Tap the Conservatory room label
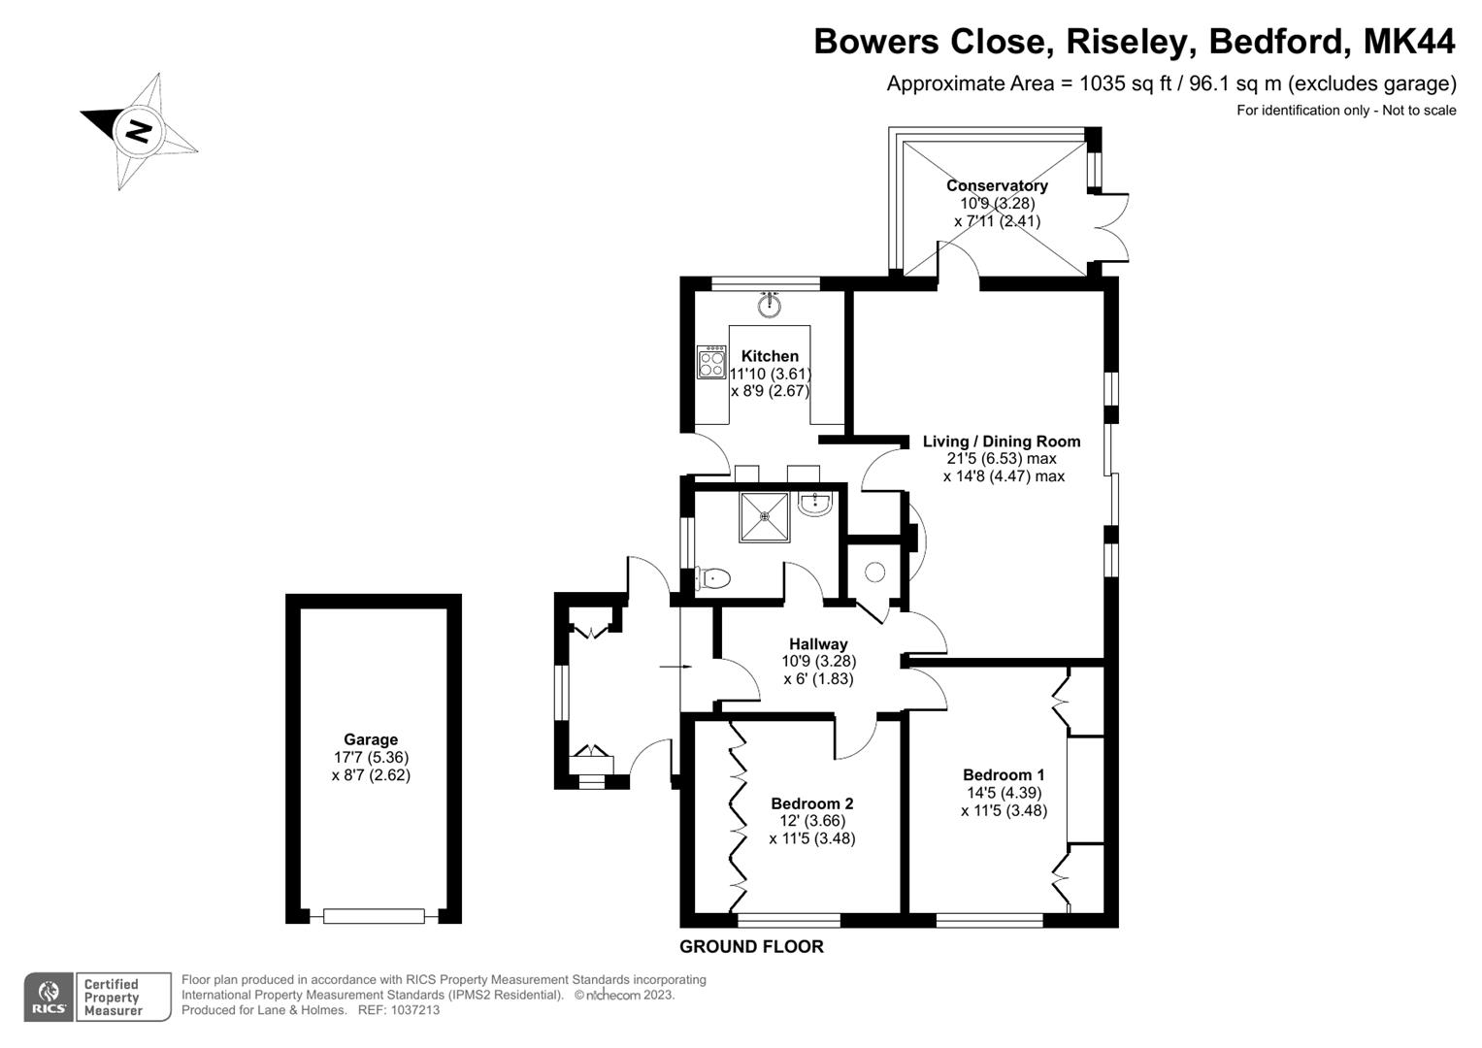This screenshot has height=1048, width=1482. pyautogui.click(x=997, y=185)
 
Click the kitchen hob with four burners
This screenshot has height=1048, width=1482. pyautogui.click(x=711, y=362)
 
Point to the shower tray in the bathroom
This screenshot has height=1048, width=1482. pyautogui.click(x=764, y=517)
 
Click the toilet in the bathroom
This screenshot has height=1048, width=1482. pyautogui.click(x=712, y=579)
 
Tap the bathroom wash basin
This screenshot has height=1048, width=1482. pyautogui.click(x=814, y=504)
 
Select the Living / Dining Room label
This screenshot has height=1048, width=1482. pyautogui.click(x=1001, y=442)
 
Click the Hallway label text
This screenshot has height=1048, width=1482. pyautogui.click(x=818, y=644)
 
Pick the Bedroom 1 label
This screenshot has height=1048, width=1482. pyautogui.click(x=1004, y=774)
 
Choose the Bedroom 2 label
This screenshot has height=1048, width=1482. pyautogui.click(x=811, y=803)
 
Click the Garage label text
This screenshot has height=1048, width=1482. pyautogui.click(x=371, y=739)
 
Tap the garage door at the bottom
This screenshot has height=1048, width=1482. pyautogui.click(x=374, y=915)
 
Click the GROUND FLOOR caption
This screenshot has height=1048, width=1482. pyautogui.click(x=751, y=947)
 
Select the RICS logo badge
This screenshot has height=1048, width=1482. pyautogui.click(x=49, y=997)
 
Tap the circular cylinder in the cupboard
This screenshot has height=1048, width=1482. pyautogui.click(x=874, y=573)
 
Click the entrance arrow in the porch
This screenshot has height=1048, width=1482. pyautogui.click(x=675, y=667)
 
